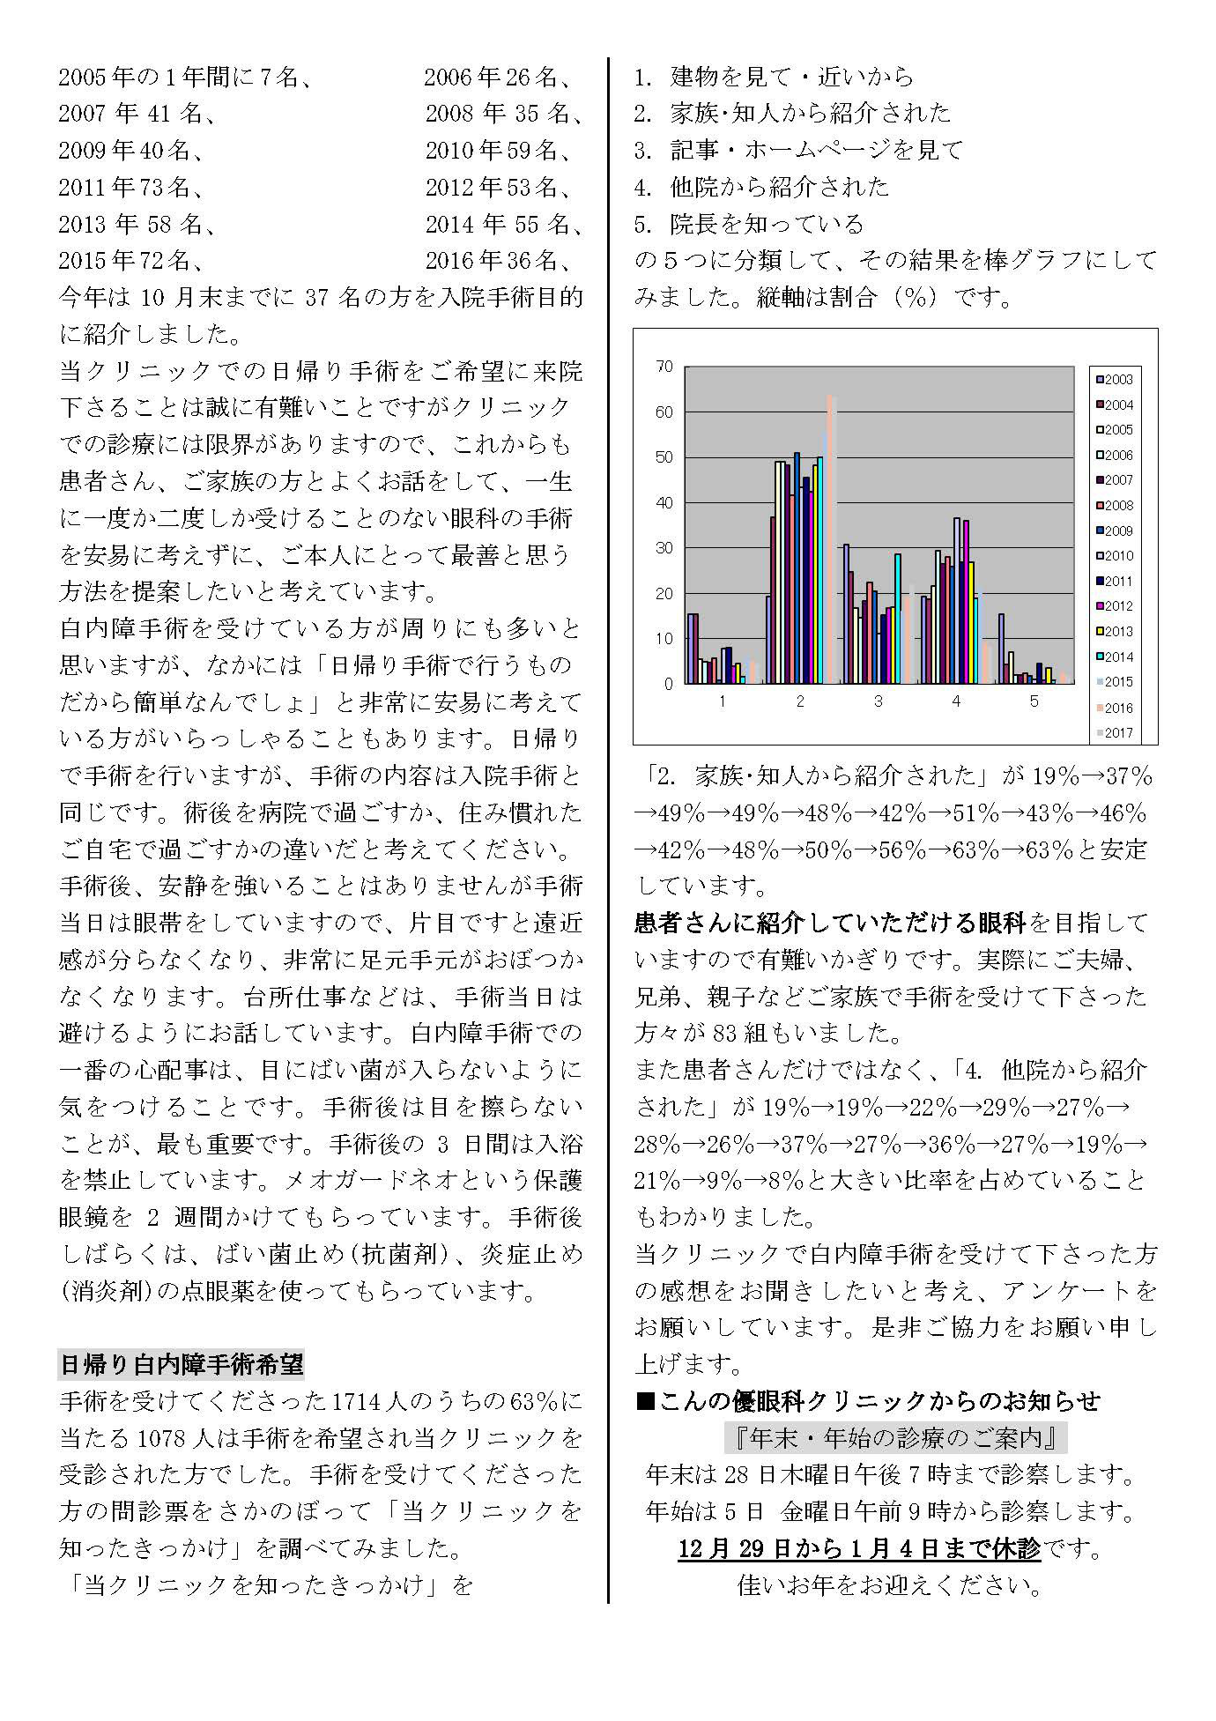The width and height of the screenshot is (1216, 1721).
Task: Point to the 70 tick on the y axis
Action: point(664,367)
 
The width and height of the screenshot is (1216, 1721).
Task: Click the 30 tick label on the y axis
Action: point(664,548)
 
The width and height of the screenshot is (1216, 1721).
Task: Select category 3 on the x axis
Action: point(878,701)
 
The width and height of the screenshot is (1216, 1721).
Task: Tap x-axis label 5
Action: point(1034,701)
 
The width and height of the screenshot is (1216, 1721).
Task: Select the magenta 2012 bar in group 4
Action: point(966,601)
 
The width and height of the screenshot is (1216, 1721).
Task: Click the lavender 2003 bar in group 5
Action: point(1001,649)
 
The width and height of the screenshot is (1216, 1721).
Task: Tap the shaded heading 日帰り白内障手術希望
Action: point(181,1365)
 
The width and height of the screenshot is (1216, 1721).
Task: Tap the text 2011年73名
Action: point(132,187)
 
